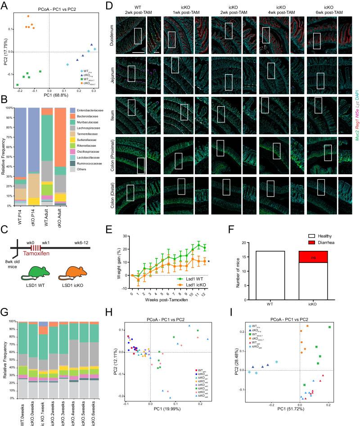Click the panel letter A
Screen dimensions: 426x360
pyautogui.click(x=4, y=5)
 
